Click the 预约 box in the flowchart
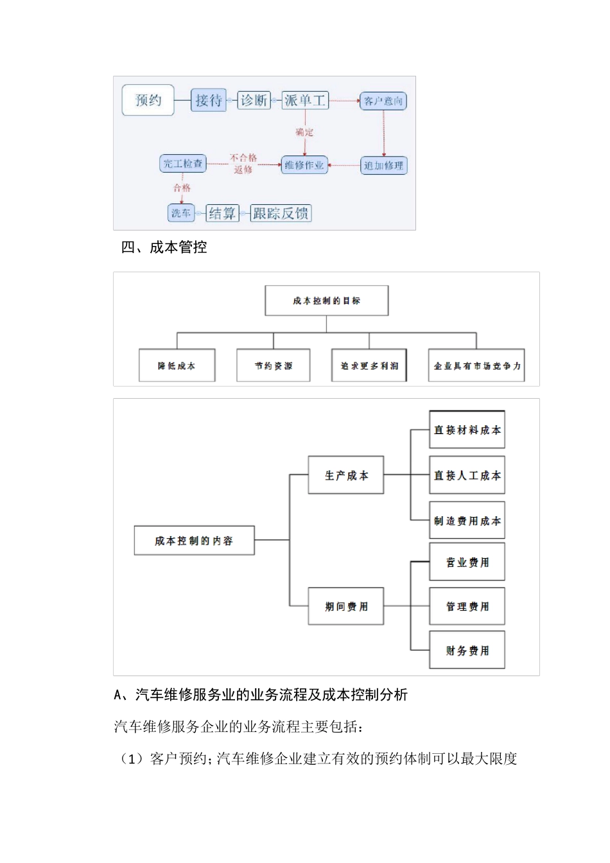click(x=148, y=100)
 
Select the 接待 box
click(x=209, y=101)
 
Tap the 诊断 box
click(x=254, y=100)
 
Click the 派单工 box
click(x=305, y=100)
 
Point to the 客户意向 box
click(x=383, y=101)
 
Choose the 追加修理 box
click(x=383, y=166)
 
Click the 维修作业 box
click(x=304, y=165)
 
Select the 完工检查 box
click(x=183, y=164)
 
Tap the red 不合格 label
click(x=243, y=157)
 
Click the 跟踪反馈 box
click(x=281, y=213)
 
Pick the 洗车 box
click(x=181, y=213)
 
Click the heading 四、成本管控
click(x=164, y=247)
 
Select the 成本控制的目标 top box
click(x=326, y=301)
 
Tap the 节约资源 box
click(x=273, y=365)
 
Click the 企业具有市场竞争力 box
click(x=476, y=365)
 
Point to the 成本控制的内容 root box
click(x=194, y=541)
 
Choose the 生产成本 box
click(x=346, y=475)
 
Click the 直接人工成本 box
click(x=467, y=475)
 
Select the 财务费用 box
click(x=467, y=650)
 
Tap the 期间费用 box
click(x=346, y=606)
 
